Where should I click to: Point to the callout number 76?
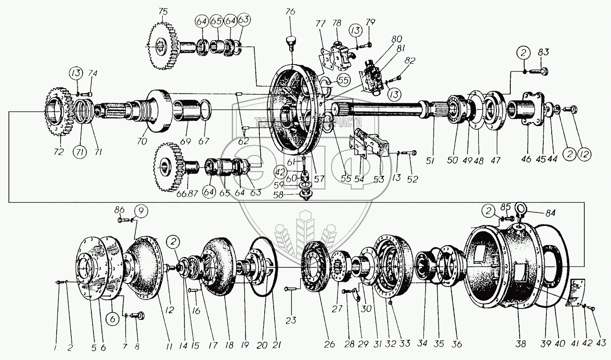click(x=290, y=12)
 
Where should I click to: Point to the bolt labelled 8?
click(x=139, y=315)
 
